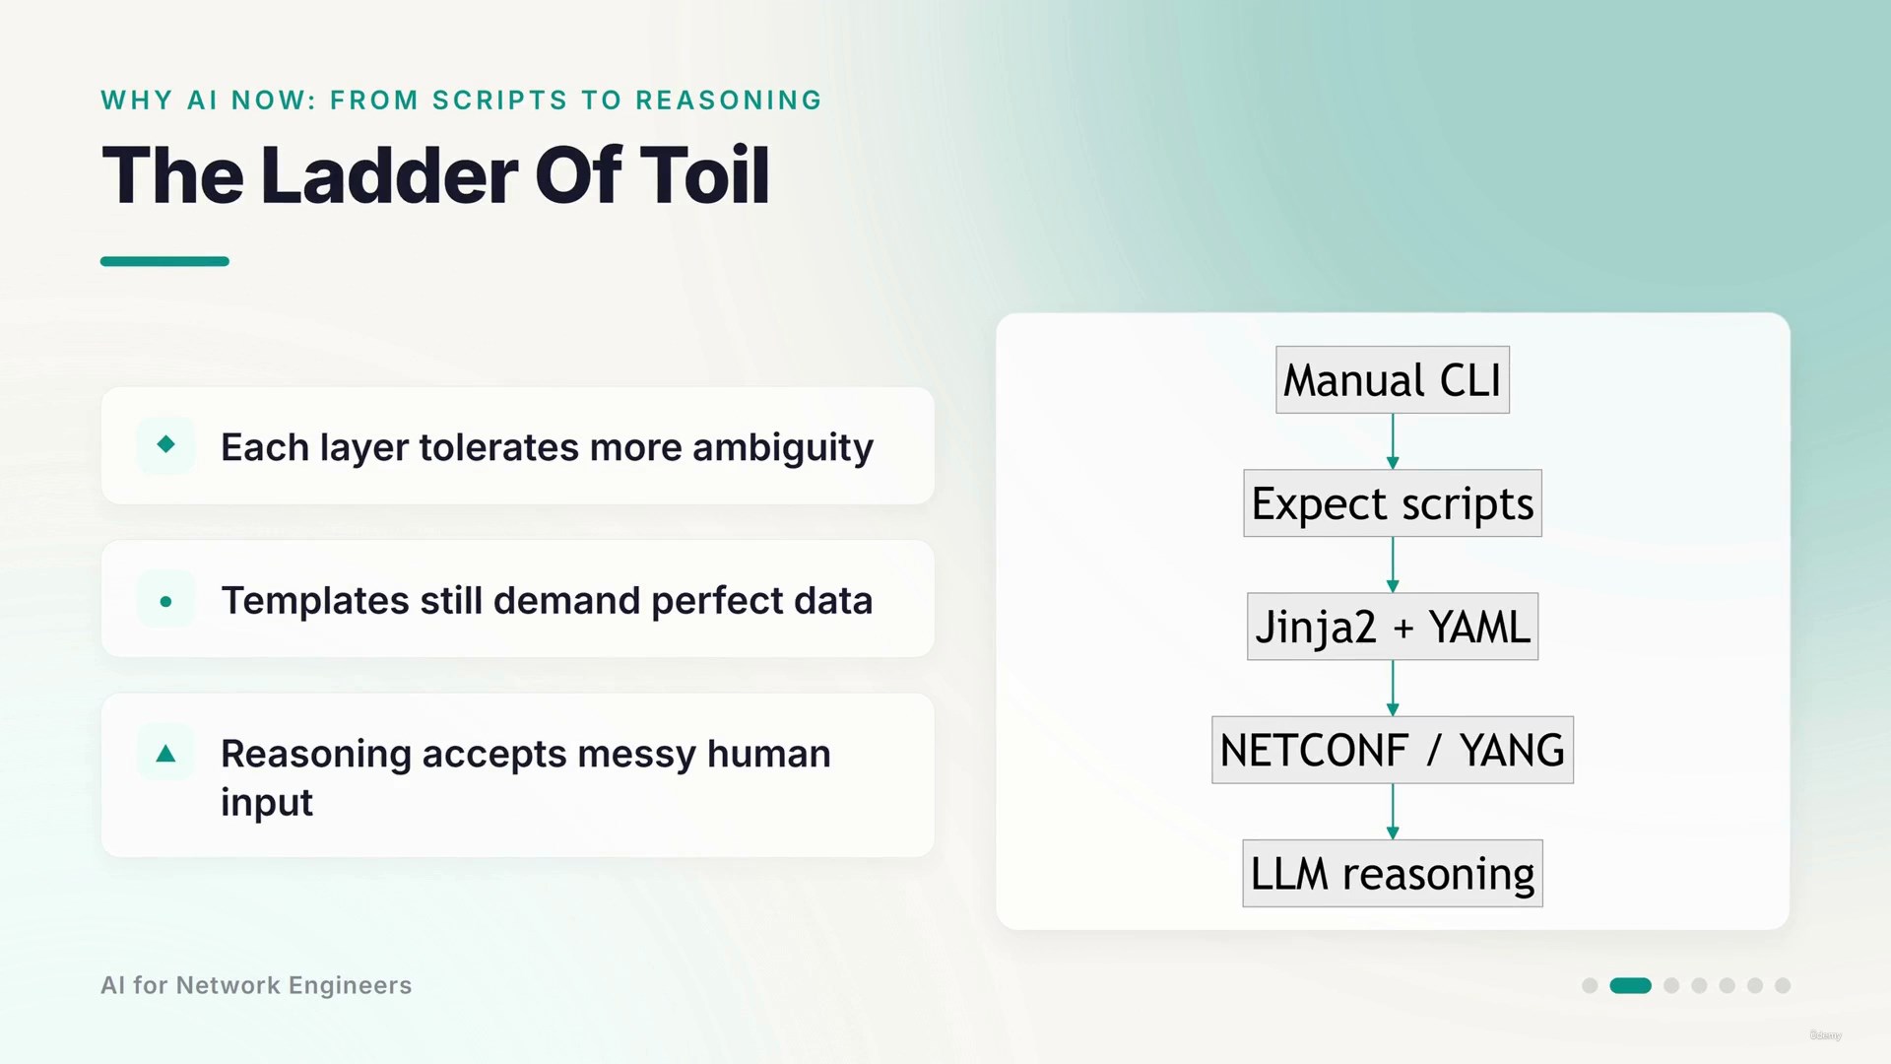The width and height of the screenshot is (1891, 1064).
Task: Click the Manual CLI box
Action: tap(1392, 379)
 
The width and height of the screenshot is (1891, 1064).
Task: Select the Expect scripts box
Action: tap(1392, 503)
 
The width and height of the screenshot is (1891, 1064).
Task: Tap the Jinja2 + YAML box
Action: tap(1392, 627)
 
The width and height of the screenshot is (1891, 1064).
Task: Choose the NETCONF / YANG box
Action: tap(1392, 750)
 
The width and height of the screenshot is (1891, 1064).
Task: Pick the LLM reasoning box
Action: tap(1392, 874)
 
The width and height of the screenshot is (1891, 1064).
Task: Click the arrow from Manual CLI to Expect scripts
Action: tap(1393, 441)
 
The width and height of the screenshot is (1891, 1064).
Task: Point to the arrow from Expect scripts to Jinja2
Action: tap(1393, 565)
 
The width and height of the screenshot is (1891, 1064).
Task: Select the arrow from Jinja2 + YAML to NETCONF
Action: tap(1393, 688)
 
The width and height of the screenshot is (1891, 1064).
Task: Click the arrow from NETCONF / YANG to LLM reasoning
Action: tap(1393, 812)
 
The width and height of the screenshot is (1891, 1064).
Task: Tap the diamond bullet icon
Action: tap(165, 444)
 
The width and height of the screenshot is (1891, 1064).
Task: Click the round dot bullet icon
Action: tap(165, 601)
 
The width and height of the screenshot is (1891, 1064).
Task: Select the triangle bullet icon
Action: tap(165, 754)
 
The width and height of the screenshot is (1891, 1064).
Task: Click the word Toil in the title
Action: tap(704, 175)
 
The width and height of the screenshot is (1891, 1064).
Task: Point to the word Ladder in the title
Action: tap(389, 175)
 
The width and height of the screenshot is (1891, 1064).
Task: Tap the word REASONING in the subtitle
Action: tap(729, 100)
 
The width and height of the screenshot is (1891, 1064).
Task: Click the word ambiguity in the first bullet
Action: tap(783, 448)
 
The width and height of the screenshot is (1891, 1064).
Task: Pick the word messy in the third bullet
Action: tap(636, 755)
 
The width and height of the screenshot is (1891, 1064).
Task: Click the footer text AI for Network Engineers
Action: tap(256, 985)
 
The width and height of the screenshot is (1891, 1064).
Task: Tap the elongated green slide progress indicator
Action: tap(1630, 985)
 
